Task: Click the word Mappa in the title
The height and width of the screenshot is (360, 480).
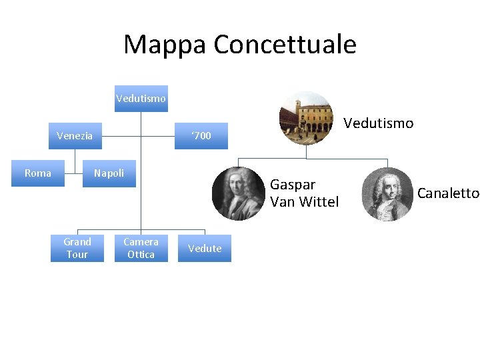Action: click(x=165, y=45)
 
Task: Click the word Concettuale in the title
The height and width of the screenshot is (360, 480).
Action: click(x=285, y=45)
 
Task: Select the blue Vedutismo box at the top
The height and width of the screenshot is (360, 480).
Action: click(x=141, y=99)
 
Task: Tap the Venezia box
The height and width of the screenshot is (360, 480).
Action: click(x=75, y=136)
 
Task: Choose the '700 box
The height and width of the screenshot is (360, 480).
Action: click(x=201, y=136)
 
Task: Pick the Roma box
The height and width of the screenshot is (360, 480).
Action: click(x=38, y=173)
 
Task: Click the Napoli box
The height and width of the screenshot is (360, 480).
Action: click(x=109, y=173)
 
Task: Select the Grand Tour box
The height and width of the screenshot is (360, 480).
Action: click(x=77, y=248)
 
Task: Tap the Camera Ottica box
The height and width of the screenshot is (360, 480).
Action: click(x=141, y=248)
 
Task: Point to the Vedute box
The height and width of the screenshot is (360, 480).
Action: click(x=205, y=248)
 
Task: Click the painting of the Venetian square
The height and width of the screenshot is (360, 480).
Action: click(x=305, y=118)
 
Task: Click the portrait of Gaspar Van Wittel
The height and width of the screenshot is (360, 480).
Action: click(x=239, y=193)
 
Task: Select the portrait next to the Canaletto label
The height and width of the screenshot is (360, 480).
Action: click(x=387, y=194)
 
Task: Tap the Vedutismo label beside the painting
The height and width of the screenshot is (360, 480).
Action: click(x=378, y=123)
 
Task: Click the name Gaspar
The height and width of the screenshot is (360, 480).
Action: click(x=293, y=185)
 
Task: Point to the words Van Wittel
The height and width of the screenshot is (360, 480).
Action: click(x=304, y=201)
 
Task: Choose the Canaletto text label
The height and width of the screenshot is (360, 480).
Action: click(x=448, y=193)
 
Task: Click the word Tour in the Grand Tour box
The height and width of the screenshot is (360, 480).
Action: click(x=77, y=255)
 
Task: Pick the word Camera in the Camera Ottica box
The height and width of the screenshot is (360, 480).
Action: click(x=141, y=242)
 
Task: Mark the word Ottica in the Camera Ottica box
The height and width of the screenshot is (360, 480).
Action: click(x=141, y=255)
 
